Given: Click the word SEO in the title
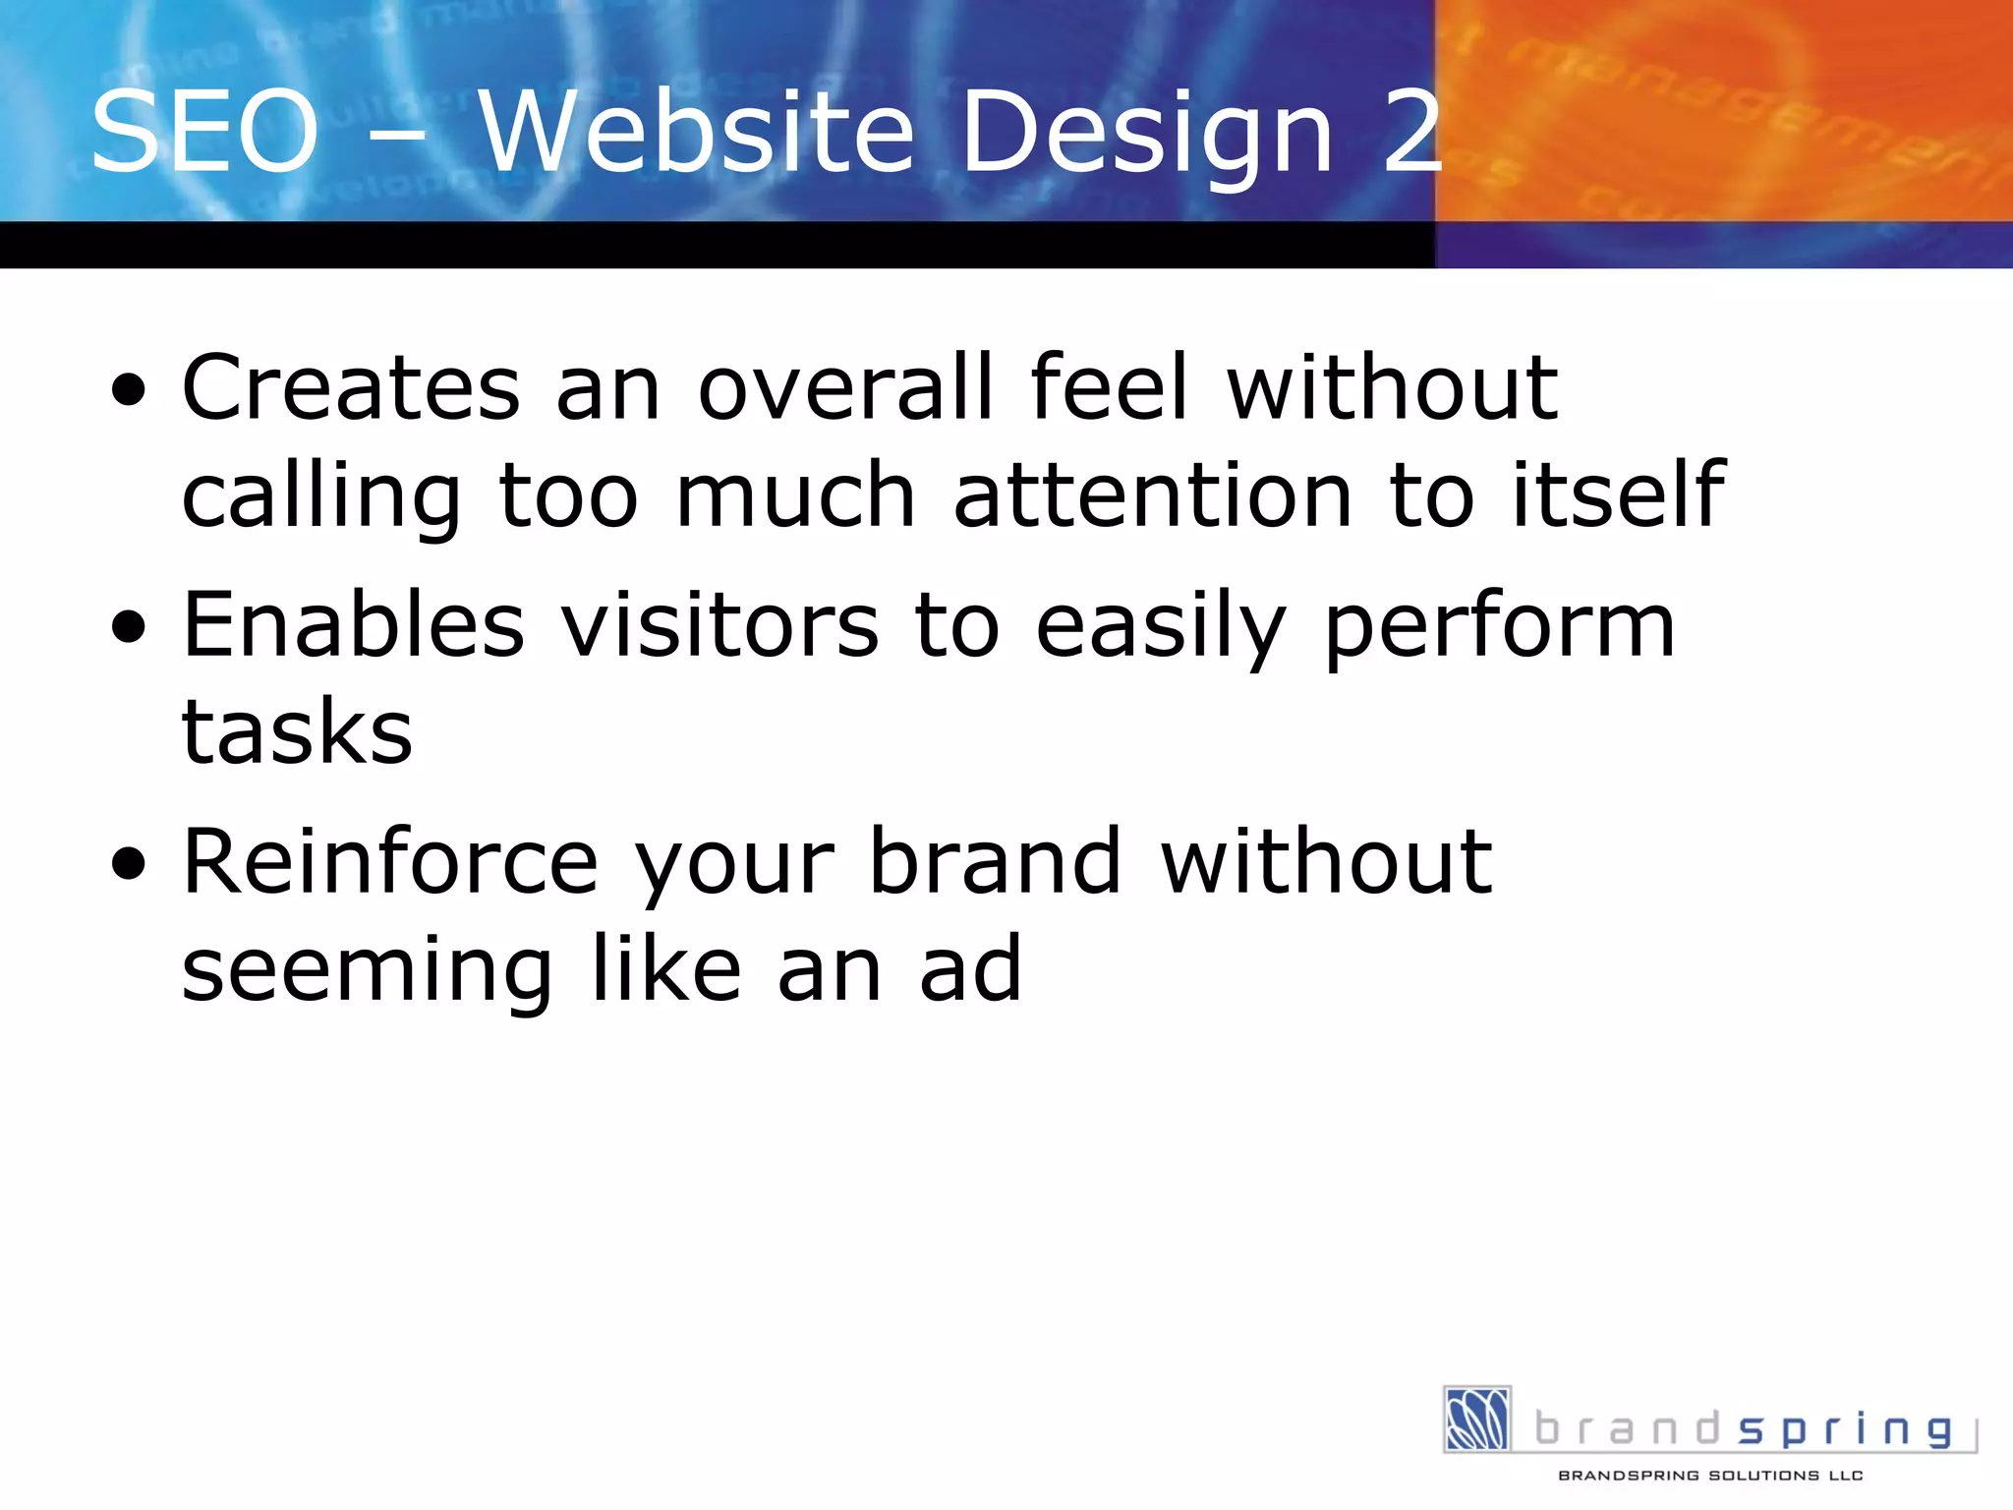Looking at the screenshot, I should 204,132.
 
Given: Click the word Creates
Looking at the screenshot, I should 351,387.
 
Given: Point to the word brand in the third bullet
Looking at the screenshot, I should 995,862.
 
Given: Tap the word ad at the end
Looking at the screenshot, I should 970,969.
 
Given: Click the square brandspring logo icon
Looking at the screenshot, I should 1476,1419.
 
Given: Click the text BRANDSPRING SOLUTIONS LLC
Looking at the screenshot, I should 1710,1476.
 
